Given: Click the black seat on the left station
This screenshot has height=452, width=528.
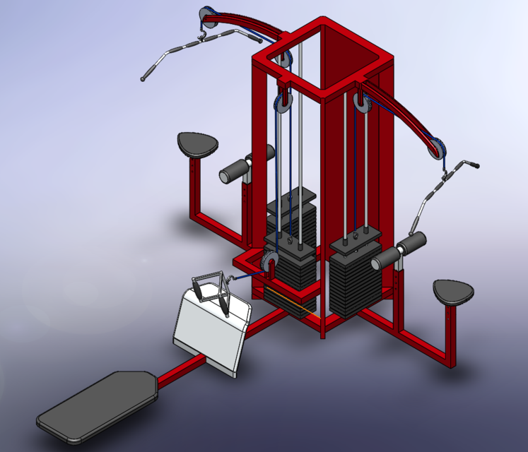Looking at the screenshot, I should (196, 144).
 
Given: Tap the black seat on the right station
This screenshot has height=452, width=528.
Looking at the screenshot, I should (452, 291).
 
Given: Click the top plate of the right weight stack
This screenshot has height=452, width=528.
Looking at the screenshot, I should (355, 244).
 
